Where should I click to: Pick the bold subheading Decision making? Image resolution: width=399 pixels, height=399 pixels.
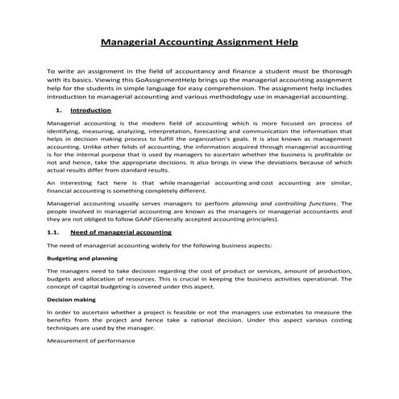click(x=71, y=299)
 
